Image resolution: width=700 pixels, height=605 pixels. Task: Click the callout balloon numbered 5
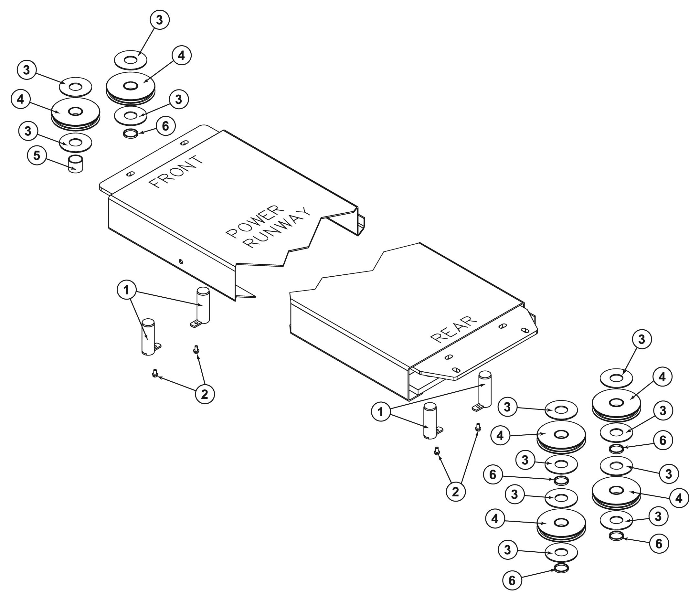tap(37, 156)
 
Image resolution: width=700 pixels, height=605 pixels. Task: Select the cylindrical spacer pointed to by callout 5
tap(76, 164)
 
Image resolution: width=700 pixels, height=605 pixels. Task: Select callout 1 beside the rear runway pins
tap(381, 412)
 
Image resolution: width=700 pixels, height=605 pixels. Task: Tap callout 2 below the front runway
tap(205, 394)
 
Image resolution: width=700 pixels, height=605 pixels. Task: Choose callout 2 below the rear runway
tap(456, 492)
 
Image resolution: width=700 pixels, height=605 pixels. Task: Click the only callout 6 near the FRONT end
tap(165, 126)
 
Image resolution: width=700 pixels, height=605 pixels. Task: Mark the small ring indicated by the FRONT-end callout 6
tap(131, 133)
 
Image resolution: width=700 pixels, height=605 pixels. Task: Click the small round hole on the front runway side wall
tap(182, 261)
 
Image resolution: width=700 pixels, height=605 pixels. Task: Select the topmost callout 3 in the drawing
tap(159, 20)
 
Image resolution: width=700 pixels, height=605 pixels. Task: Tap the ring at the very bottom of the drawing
tap(561, 568)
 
